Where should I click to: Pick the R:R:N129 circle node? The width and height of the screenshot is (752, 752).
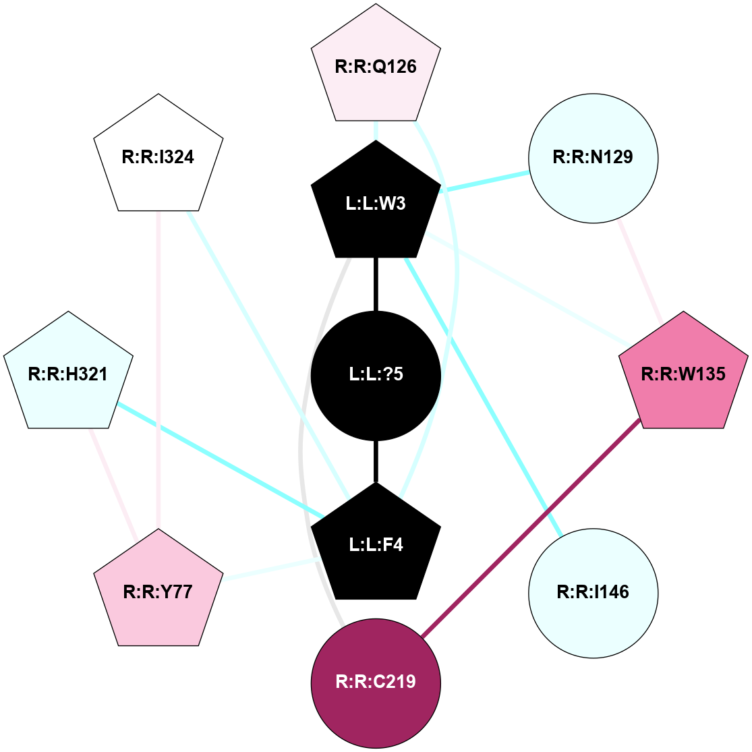[593, 158]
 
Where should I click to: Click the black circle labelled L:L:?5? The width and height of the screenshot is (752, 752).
[376, 374]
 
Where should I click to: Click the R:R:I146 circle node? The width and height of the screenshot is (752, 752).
[593, 592]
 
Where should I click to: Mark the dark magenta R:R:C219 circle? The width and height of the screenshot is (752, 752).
[376, 682]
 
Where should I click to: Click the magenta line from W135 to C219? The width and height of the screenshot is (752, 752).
[530, 527]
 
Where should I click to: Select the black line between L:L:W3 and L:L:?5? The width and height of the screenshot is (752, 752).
[376, 284]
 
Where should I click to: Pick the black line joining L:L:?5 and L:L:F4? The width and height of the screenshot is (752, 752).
[376, 462]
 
